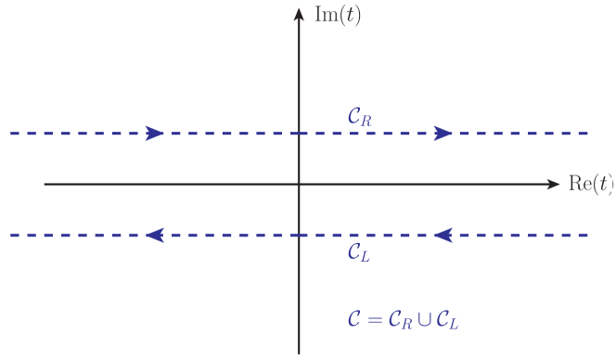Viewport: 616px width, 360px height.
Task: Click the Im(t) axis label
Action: click(x=338, y=18)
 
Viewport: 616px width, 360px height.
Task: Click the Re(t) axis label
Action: click(x=590, y=184)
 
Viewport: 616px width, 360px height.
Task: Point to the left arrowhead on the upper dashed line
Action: click(x=155, y=133)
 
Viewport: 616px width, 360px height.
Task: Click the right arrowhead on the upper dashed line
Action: click(x=443, y=133)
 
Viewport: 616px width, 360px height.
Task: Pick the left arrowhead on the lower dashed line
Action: click(x=155, y=236)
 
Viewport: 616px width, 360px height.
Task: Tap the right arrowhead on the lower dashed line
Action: click(x=443, y=236)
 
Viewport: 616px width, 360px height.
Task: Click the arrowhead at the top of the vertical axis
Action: click(x=299, y=14)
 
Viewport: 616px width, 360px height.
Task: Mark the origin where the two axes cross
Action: click(x=299, y=184)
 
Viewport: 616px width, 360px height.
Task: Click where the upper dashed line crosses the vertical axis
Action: click(x=299, y=133)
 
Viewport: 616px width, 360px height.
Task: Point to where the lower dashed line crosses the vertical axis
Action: click(x=299, y=236)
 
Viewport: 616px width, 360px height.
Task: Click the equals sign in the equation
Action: click(x=372, y=320)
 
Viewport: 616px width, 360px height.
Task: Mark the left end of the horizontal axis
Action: click(x=45, y=184)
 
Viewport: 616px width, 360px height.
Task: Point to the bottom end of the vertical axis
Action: click(x=299, y=353)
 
